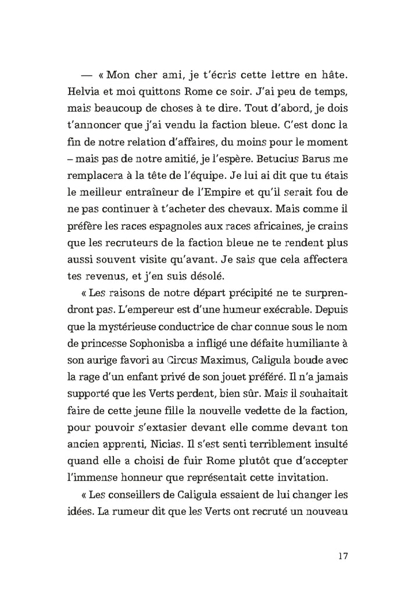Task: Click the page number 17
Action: (342, 555)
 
